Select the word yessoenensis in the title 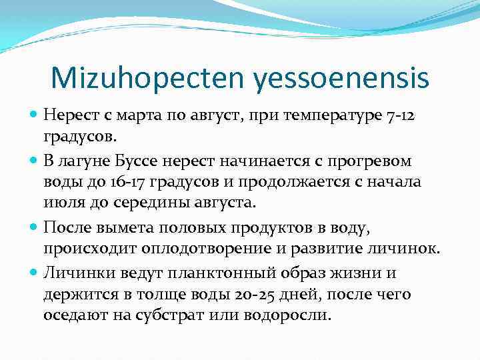pyautogui.click(x=341, y=79)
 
